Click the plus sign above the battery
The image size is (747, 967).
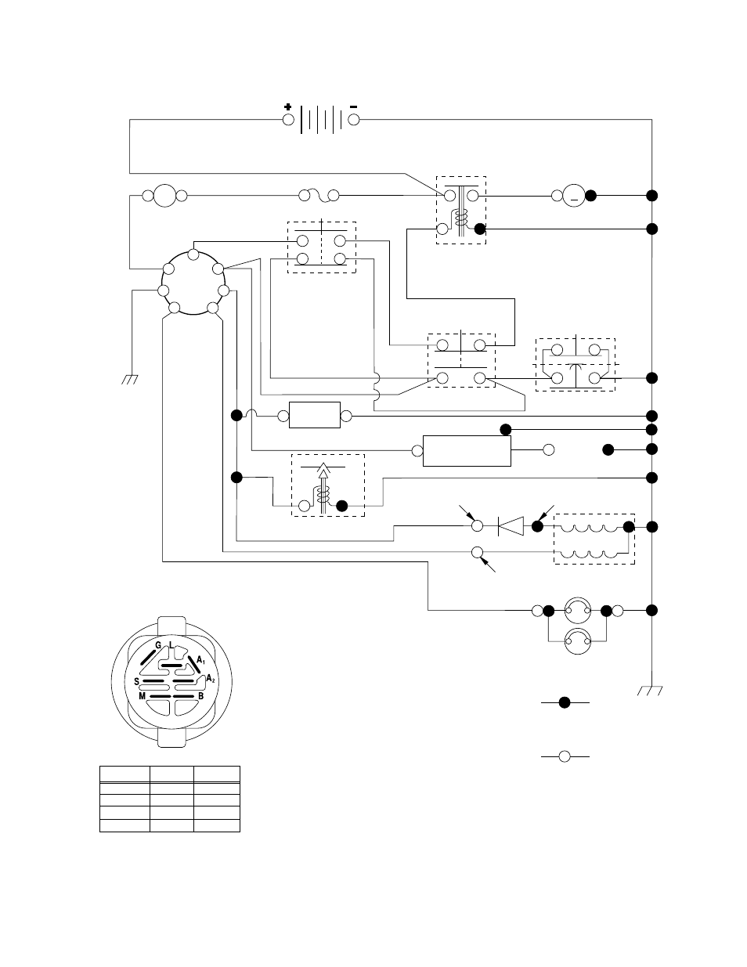click(x=288, y=106)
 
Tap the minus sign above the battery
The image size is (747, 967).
click(x=353, y=106)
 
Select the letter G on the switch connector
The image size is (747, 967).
click(x=158, y=645)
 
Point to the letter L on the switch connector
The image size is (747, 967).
click(x=171, y=645)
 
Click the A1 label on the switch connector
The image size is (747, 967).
click(x=201, y=659)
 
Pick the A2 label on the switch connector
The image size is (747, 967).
click(x=211, y=679)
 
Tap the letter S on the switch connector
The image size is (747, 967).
click(x=136, y=682)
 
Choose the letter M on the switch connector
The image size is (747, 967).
click(x=142, y=696)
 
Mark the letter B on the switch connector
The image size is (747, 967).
click(x=200, y=696)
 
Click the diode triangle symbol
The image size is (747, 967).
click(x=511, y=526)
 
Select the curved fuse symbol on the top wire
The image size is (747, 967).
click(x=319, y=196)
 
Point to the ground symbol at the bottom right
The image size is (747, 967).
click(x=650, y=690)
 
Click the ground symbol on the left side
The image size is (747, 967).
click(x=129, y=380)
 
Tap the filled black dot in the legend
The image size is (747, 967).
click(x=565, y=702)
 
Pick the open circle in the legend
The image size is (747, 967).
click(x=565, y=756)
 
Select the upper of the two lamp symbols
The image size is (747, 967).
click(x=578, y=610)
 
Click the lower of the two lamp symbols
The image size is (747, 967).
click(x=578, y=641)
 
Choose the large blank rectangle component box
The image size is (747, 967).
click(x=467, y=451)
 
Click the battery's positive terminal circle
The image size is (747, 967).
click(x=288, y=120)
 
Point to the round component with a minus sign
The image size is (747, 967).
click(x=574, y=196)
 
